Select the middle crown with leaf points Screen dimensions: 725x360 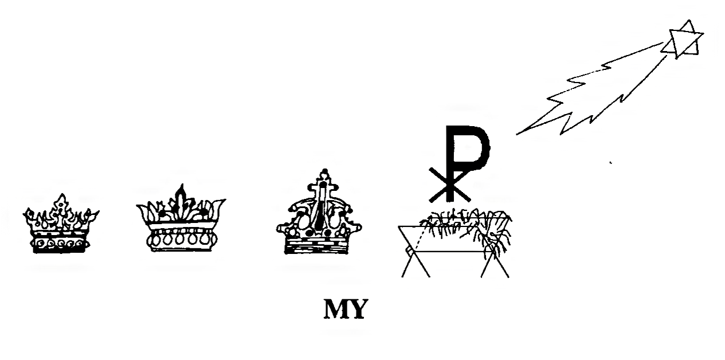(x=180, y=220)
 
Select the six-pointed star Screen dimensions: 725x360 (x=681, y=40)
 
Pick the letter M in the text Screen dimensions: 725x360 (x=336, y=310)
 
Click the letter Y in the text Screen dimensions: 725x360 (x=356, y=310)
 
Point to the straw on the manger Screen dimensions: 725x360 (x=464, y=221)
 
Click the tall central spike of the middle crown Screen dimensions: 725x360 (x=182, y=198)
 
